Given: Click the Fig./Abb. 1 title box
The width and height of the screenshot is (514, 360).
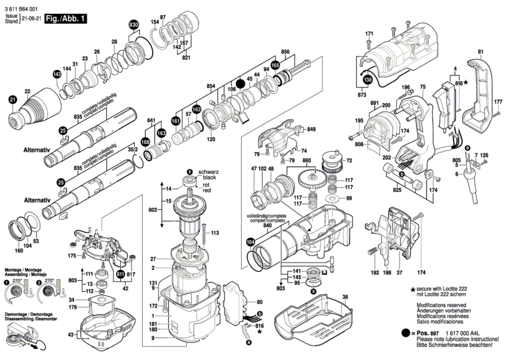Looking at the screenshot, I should point(66,19).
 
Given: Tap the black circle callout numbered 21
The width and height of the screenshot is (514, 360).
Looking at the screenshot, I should point(12,100).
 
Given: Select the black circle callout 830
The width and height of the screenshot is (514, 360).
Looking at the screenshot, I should point(134,25).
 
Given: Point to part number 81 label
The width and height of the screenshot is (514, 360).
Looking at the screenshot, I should point(481,51).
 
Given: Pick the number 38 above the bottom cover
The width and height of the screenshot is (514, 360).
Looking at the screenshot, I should point(345,297).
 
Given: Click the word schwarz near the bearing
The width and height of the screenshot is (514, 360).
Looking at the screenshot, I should point(209,172).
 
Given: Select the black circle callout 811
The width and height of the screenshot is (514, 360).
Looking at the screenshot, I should point(120,274).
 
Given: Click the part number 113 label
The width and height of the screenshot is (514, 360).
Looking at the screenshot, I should point(215,233).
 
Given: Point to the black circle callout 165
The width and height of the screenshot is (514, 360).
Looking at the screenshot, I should point(275,66).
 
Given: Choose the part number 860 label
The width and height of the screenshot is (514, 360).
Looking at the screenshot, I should point(307,160).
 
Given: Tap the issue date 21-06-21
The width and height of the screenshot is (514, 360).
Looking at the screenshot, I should point(31,19).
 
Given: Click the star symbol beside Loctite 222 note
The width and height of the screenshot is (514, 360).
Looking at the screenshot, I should point(413,290).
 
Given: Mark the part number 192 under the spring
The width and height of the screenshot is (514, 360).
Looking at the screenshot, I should point(375,272).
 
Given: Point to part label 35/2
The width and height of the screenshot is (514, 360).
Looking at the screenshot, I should point(133,150).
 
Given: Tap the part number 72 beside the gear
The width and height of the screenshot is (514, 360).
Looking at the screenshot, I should point(349,160).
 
